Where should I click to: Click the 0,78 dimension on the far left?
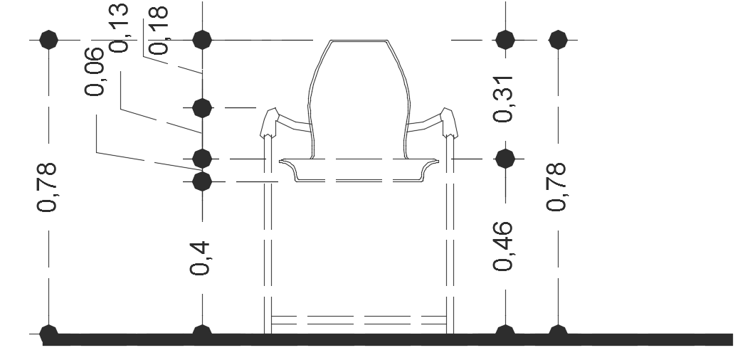click(47, 187)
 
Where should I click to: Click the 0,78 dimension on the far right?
click(556, 187)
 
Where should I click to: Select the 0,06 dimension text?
click(94, 72)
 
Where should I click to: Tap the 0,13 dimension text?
click(119, 28)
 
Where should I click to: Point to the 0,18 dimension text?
click(159, 30)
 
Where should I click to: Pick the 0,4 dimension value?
click(200, 258)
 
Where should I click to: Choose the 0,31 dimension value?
click(503, 99)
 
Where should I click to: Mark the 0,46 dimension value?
click(503, 246)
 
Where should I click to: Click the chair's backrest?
click(359, 99)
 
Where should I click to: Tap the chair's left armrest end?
click(269, 122)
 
